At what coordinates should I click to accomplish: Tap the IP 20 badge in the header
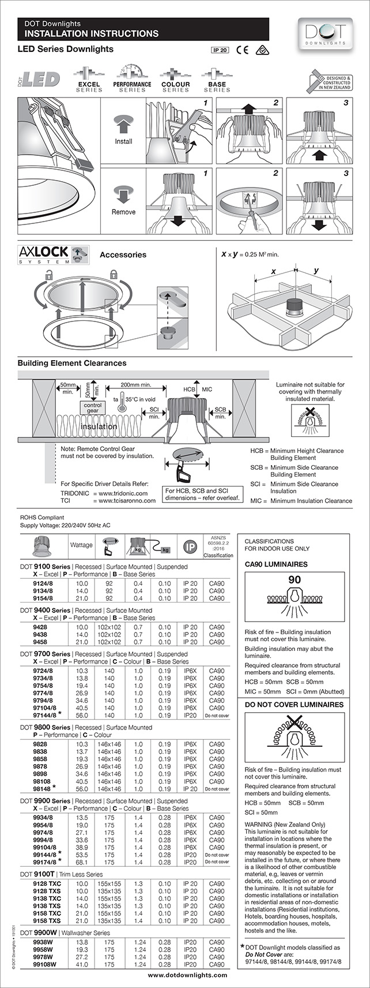220,50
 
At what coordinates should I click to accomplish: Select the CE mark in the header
242,50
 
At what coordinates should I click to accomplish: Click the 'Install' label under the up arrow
123,141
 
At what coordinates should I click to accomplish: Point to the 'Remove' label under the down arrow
123,212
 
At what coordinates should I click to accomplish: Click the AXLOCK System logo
52,255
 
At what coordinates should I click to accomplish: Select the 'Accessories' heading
123,255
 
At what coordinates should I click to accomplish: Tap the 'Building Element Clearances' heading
72,363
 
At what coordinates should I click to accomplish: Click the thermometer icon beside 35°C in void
122,402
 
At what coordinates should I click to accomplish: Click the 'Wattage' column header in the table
81,544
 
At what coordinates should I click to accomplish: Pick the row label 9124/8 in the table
43,583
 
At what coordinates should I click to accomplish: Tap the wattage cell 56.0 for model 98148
82,788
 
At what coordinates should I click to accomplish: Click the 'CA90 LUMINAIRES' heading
276,564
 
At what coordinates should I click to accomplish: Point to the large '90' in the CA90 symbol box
295,579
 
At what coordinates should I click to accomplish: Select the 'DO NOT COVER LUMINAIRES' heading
294,705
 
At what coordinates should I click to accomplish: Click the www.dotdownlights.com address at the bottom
187,975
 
